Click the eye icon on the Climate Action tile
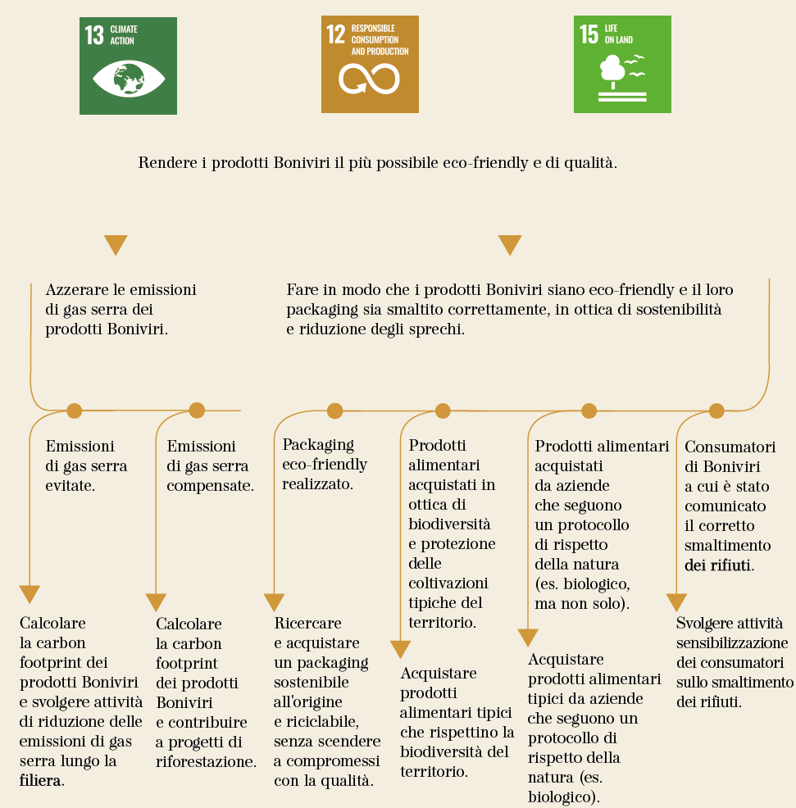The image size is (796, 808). tap(129, 79)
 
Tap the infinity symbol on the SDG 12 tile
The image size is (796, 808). tap(369, 79)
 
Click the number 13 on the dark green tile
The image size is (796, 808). tap(94, 35)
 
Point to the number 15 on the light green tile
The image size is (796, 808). tap(589, 34)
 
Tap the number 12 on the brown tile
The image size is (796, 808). tap(335, 34)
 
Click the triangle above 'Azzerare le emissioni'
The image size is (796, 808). tap(116, 245)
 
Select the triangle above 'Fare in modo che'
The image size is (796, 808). tap(510, 245)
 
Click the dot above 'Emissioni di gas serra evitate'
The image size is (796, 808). tap(75, 411)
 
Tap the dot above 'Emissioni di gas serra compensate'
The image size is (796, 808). tap(197, 411)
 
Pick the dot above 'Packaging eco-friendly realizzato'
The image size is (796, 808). tap(335, 411)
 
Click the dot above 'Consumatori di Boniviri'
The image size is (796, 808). tap(716, 411)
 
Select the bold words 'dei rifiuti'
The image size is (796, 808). tap(717, 565)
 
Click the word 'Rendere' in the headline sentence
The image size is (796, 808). tap(167, 163)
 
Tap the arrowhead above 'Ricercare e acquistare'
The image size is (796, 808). tap(275, 601)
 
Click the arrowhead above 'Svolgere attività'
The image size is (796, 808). tap(676, 601)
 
